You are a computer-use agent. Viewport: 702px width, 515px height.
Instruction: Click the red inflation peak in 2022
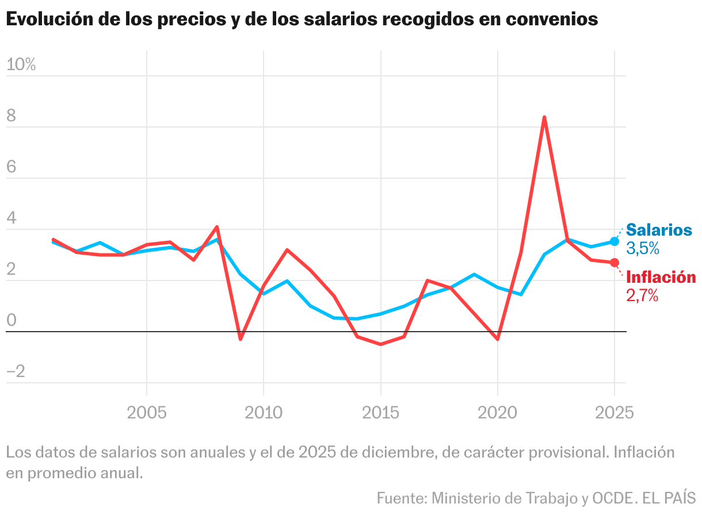point(544,118)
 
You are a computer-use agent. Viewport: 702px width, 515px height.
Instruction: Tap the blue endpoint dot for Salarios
point(615,241)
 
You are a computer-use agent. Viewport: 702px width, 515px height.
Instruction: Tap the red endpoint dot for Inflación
point(615,263)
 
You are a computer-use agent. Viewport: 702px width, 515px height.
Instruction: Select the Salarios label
point(659,230)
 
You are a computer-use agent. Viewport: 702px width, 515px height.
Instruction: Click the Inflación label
point(661,278)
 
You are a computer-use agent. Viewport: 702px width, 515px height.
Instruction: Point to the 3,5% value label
point(642,249)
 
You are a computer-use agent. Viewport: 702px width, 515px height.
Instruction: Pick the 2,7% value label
point(642,296)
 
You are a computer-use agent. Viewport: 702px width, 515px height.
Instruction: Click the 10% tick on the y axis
point(21,65)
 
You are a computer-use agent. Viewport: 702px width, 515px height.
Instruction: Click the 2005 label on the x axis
point(147,413)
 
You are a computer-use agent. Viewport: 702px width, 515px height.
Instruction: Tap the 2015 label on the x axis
point(380,413)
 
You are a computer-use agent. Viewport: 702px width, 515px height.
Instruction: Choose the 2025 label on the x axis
point(613,413)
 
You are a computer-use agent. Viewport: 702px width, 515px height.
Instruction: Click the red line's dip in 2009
point(240,339)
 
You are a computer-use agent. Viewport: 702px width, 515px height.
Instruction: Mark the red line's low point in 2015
point(380,344)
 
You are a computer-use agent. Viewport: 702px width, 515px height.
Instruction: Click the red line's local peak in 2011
point(287,250)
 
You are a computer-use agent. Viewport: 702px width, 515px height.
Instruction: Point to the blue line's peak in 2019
point(474,274)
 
